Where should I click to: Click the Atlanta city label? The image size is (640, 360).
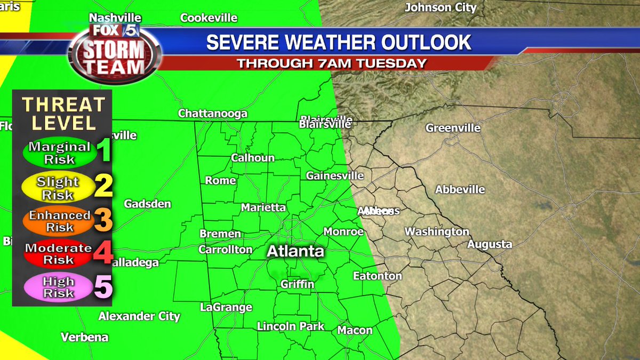tap(295, 251)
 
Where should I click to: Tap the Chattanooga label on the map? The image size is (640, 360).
tap(212, 114)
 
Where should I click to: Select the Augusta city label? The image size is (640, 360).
tap(490, 244)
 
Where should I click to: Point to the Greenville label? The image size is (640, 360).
tap(453, 128)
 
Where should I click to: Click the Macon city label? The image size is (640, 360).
tap(355, 330)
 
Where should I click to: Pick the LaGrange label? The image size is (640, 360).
tap(226, 307)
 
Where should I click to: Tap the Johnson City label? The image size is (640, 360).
tap(440, 7)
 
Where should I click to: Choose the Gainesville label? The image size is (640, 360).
tap(335, 175)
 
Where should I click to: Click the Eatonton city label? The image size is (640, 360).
tap(377, 276)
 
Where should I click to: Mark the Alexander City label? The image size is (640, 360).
tap(139, 316)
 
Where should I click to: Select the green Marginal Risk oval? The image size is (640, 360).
tap(59, 153)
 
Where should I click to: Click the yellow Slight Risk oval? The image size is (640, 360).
tap(58, 188)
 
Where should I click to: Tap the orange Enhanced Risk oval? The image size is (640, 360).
tap(59, 221)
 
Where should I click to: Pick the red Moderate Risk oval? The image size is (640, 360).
tap(58, 254)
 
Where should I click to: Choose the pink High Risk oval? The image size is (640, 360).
tap(58, 287)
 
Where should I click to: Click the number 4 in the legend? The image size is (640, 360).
tap(103, 253)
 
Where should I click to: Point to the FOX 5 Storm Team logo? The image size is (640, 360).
tap(114, 52)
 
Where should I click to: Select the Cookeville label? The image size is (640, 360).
tap(209, 18)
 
